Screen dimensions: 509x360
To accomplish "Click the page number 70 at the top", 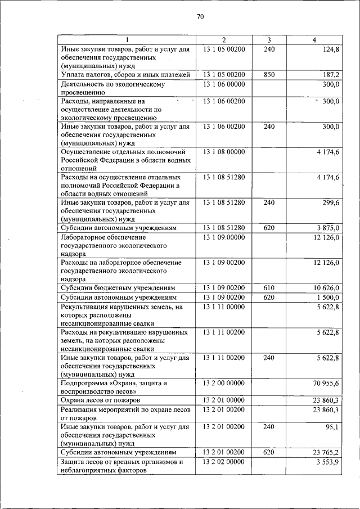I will click(200, 17).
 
